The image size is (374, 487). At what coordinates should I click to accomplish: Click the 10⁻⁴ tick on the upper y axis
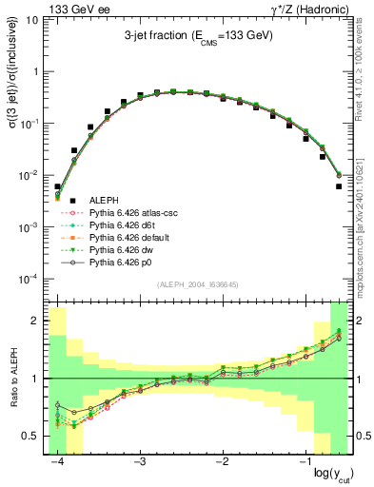coord(30,279)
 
